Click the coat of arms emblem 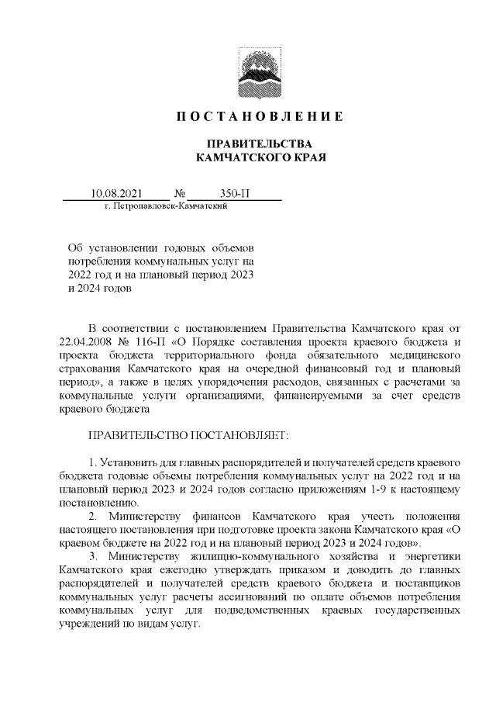(248, 74)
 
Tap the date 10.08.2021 (114, 193)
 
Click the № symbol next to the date (180, 193)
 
